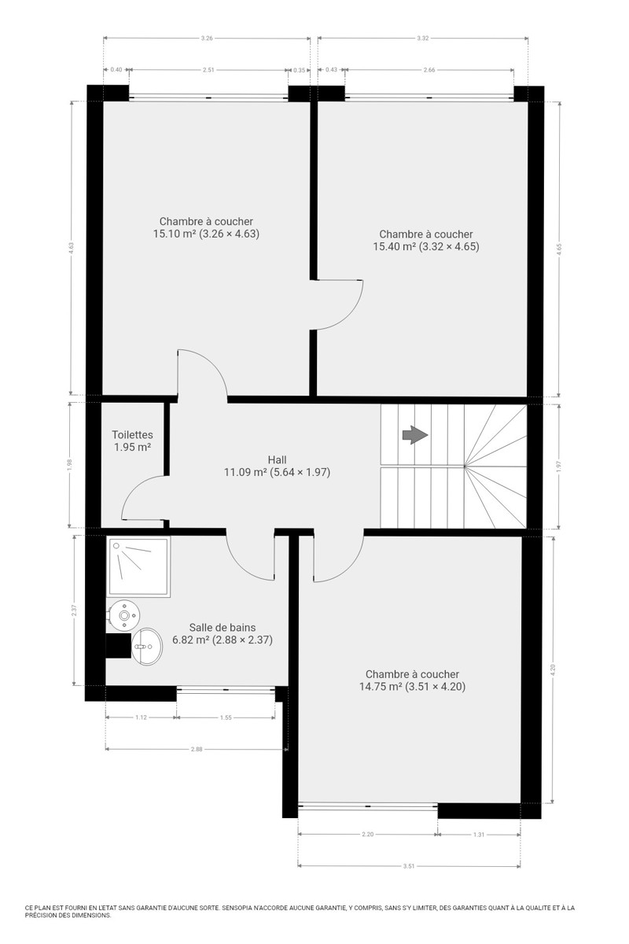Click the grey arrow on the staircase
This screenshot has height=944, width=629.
415,435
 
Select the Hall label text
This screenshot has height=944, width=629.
277,459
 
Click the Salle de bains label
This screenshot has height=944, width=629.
223,628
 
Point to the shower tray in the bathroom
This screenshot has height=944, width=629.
138,566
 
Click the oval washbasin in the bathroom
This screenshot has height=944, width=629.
147,647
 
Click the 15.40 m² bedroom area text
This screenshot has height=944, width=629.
426,246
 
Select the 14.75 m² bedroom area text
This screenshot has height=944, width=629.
412,687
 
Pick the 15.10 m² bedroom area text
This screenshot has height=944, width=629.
206,234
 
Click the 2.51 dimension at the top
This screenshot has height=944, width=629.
208,70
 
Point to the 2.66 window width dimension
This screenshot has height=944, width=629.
429,70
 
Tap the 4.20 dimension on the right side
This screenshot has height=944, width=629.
554,669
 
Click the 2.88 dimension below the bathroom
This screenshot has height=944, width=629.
197,749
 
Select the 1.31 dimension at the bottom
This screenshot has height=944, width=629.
479,835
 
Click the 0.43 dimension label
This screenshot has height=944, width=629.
332,69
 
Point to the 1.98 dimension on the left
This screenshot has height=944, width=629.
70,464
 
